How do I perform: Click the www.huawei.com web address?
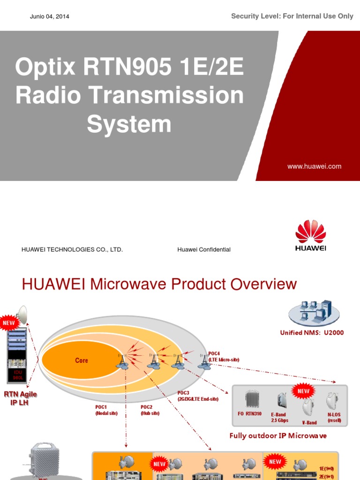coord(314,166)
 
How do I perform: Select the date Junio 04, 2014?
coord(49,16)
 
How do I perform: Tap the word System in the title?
coord(129,124)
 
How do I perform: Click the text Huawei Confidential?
coord(204,250)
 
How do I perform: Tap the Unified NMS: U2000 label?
coord(312,333)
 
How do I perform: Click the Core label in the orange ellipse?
coord(82,360)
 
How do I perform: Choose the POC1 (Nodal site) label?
coord(106,410)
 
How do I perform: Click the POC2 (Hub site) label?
coord(150,410)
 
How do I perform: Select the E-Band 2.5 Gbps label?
coord(279,417)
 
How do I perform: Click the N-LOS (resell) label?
coord(334,417)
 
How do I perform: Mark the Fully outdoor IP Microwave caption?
coord(278,435)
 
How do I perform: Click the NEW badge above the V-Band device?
coord(304,391)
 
